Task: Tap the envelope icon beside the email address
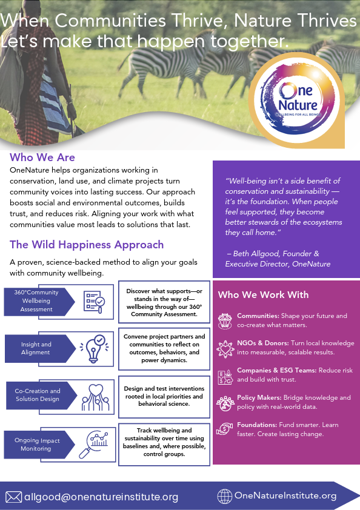14,497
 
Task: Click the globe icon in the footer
225,496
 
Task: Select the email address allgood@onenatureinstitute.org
101,497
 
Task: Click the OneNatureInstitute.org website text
285,495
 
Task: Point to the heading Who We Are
42,157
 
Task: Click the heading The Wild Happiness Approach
87,245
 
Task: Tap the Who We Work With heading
263,295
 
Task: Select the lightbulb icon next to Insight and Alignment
93,349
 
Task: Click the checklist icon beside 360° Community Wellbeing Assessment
94,302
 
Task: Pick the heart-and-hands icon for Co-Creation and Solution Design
96,397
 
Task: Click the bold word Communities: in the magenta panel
258,316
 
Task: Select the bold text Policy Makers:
259,397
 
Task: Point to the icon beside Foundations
225,429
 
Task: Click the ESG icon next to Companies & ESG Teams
225,377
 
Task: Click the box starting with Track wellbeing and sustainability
164,445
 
